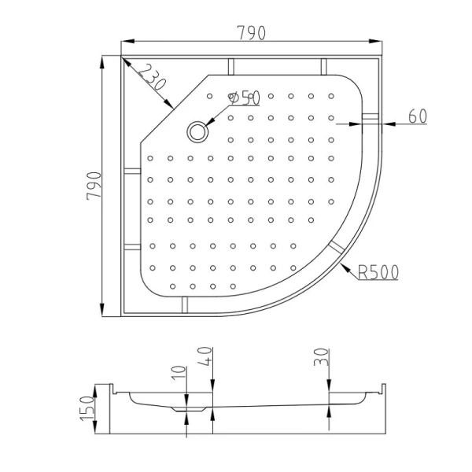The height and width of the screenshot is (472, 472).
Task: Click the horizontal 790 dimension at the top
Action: (251, 33)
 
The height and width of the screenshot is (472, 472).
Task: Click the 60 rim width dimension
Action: (417, 116)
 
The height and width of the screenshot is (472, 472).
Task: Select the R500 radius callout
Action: (378, 272)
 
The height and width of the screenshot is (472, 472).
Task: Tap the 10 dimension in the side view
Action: (180, 373)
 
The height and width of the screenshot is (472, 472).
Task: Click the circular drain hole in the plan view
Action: (196, 131)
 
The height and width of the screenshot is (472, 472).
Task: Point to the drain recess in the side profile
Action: (186, 409)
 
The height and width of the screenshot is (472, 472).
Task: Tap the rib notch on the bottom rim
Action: (184, 304)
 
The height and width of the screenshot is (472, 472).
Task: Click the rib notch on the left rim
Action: (131, 175)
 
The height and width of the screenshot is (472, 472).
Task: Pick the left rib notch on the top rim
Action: (230, 66)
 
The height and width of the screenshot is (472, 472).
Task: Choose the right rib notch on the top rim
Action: (323, 66)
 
